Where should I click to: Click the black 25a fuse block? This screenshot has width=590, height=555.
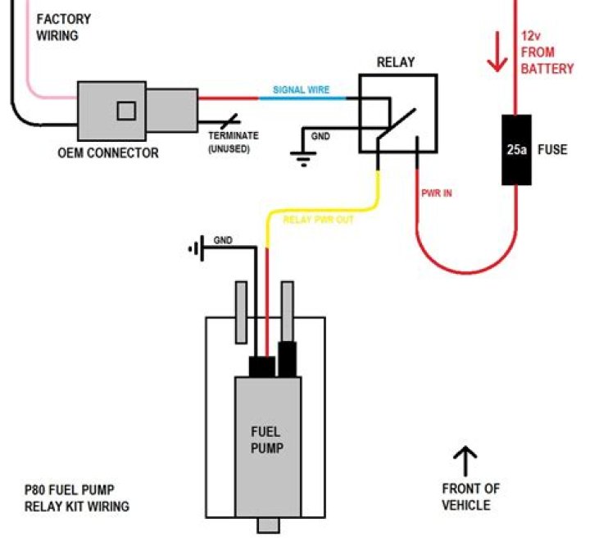[x=515, y=150]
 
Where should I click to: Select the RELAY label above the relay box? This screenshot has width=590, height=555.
[x=395, y=62]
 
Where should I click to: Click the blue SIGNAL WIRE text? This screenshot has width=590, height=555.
[x=301, y=90]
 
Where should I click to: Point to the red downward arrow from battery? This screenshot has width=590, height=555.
[x=496, y=54]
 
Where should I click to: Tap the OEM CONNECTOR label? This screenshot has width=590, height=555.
[x=108, y=152]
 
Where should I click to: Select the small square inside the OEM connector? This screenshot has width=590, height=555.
[x=125, y=110]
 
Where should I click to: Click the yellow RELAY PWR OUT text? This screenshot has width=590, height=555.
[x=318, y=220]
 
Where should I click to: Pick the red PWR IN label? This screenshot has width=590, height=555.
[x=436, y=193]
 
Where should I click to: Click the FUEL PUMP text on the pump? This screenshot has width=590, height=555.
[x=265, y=440]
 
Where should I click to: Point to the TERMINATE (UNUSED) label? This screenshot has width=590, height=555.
[x=233, y=142]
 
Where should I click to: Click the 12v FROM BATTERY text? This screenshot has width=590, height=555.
[x=547, y=53]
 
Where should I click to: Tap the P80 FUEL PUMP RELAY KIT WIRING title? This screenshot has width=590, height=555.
[x=76, y=498]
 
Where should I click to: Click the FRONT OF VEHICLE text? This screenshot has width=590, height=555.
[x=470, y=497]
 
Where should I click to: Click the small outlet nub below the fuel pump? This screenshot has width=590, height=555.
[x=267, y=525]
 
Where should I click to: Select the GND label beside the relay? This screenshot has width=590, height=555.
[x=320, y=136]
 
